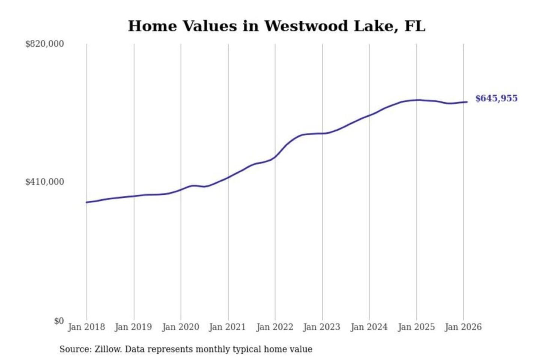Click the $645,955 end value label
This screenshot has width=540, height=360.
[x=496, y=99]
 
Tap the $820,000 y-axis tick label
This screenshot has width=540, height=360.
[x=45, y=44]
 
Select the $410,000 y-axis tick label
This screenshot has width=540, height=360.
[x=45, y=182]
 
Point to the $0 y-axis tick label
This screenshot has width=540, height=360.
[x=59, y=321]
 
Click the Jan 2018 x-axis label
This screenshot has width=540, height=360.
[x=86, y=327]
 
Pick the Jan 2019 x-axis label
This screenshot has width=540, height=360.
[x=133, y=327]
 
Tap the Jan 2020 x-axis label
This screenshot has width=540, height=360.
[x=180, y=327]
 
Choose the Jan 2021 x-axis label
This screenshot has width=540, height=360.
[x=227, y=327]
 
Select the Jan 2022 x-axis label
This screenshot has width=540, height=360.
[x=274, y=327]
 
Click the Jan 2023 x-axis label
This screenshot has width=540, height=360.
[x=321, y=327]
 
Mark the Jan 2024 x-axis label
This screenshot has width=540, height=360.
[x=369, y=327]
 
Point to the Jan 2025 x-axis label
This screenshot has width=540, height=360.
[x=416, y=327]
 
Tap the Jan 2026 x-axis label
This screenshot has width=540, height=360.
[x=463, y=327]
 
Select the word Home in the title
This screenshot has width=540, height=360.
[x=152, y=26]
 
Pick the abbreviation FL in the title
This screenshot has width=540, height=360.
[x=415, y=26]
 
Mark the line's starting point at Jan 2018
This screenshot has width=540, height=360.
[x=87, y=202]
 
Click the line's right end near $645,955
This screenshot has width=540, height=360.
[x=467, y=102]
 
